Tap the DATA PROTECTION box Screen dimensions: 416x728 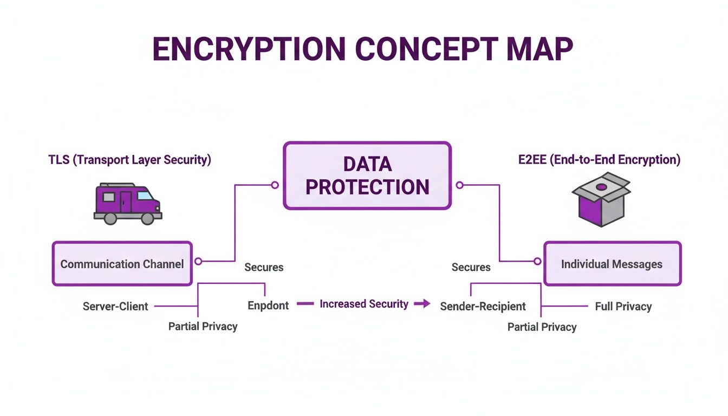pyautogui.click(x=367, y=175)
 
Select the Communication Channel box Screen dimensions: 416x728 pyautogui.click(x=122, y=264)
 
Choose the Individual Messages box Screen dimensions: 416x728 pyautogui.click(x=612, y=264)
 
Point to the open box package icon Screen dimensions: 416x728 pyautogui.click(x=601, y=199)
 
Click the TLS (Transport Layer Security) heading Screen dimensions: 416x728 pyautogui.click(x=129, y=160)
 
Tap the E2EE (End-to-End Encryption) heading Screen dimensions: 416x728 pyautogui.click(x=599, y=160)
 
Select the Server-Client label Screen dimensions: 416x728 pyautogui.click(x=115, y=306)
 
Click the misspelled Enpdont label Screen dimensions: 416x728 pyautogui.click(x=268, y=305)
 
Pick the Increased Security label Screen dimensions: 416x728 pyautogui.click(x=364, y=304)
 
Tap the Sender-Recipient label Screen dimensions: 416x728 pyautogui.click(x=483, y=306)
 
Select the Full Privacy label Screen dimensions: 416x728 pyautogui.click(x=623, y=306)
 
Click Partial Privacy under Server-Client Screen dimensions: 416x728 pyautogui.click(x=203, y=326)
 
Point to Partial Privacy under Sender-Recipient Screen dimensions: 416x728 pyautogui.click(x=542, y=327)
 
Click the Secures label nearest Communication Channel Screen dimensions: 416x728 pyautogui.click(x=264, y=267)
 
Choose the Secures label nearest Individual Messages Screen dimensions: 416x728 pyautogui.click(x=471, y=267)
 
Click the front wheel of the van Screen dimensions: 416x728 pyautogui.click(x=147, y=218)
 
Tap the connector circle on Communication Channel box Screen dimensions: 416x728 pyautogui.click(x=198, y=261)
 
